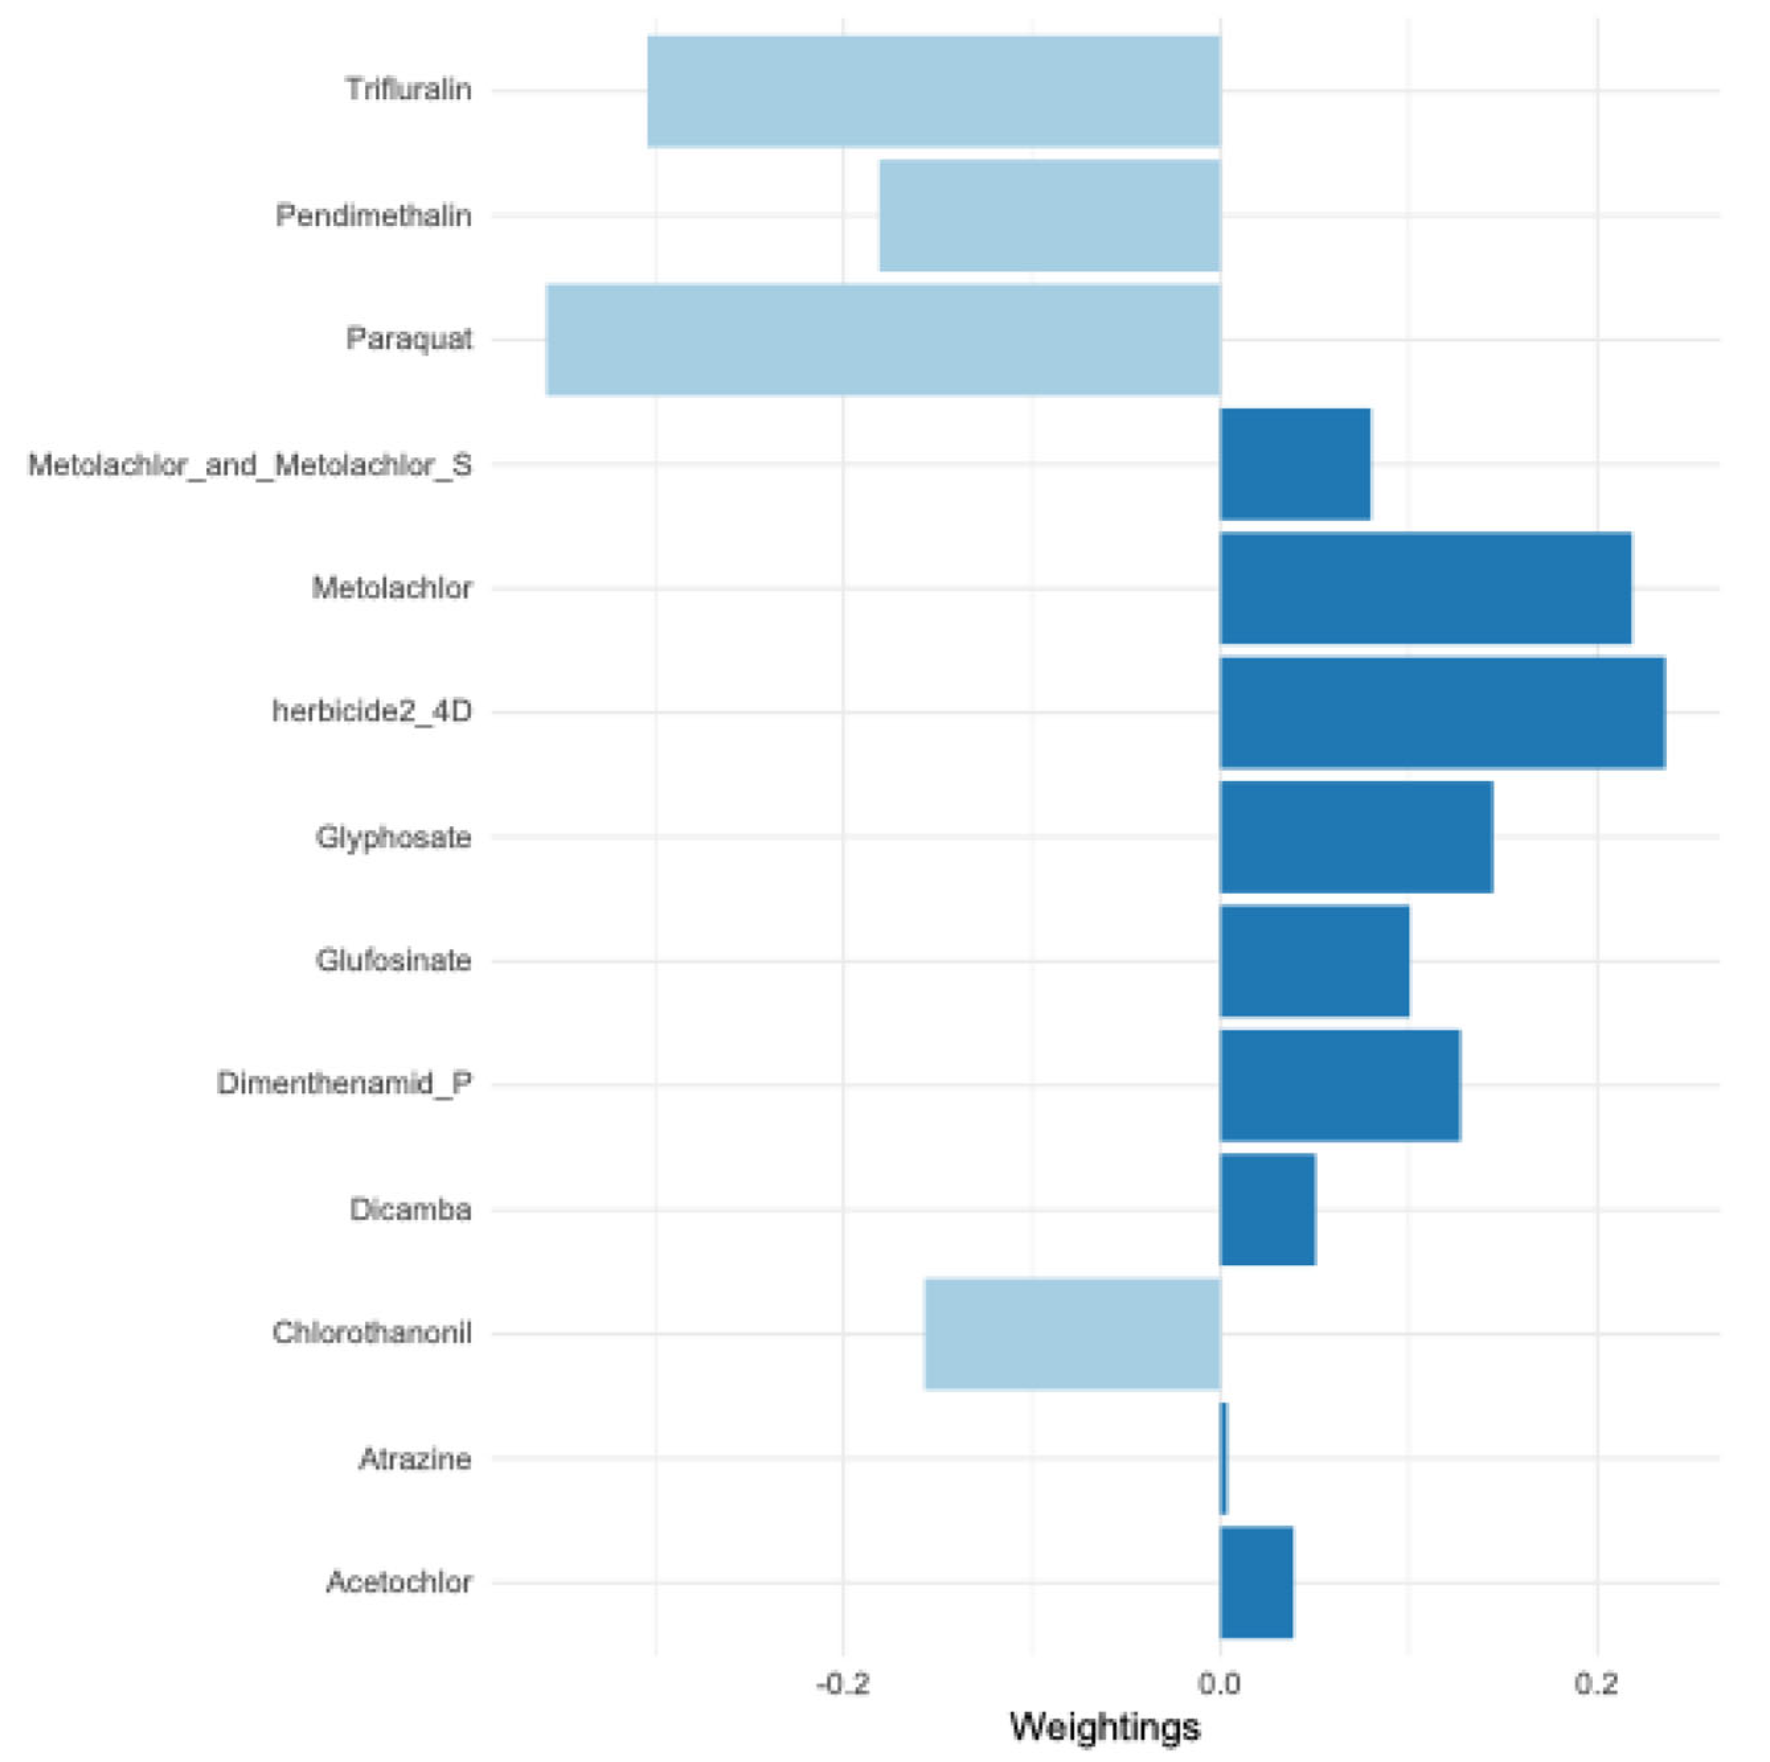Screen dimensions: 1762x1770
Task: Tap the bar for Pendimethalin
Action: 1049,215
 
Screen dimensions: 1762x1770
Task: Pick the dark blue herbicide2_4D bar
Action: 1442,712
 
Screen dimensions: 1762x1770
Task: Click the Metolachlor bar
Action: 1426,588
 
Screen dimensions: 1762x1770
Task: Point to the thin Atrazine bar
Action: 1224,1459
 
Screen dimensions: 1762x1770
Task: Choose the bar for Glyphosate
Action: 1356,837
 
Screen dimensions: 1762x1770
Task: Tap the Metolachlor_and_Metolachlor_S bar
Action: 1295,465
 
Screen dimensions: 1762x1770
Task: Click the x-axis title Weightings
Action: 1104,1727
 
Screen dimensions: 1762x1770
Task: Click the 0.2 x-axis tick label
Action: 1596,1683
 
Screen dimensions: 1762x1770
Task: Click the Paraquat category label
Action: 409,339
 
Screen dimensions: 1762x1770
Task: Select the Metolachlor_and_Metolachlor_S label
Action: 250,465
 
